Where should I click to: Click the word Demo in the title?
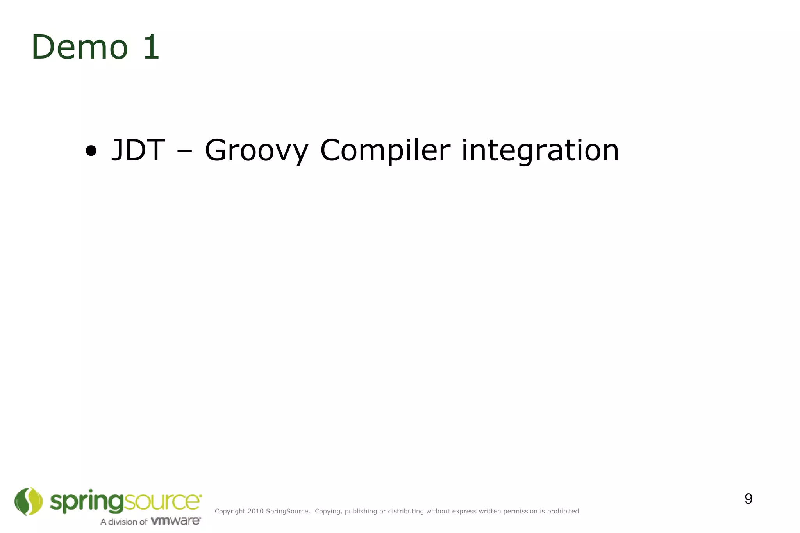pos(80,47)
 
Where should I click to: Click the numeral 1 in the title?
pos(152,47)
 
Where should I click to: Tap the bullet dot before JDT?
pos(91,151)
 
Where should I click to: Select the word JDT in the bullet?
pos(138,150)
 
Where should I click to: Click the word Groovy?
pos(256,151)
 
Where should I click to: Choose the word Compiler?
pos(385,151)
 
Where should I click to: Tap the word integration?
pos(540,151)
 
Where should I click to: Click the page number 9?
pos(748,499)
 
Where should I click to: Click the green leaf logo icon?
pos(28,501)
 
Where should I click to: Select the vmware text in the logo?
pos(175,521)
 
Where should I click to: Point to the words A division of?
pos(123,522)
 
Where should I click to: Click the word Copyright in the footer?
pos(230,511)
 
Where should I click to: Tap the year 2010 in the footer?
pos(255,511)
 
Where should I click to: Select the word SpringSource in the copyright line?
pos(287,511)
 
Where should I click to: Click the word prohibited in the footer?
pos(564,511)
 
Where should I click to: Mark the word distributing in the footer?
pos(406,511)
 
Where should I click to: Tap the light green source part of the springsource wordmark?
pos(162,501)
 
